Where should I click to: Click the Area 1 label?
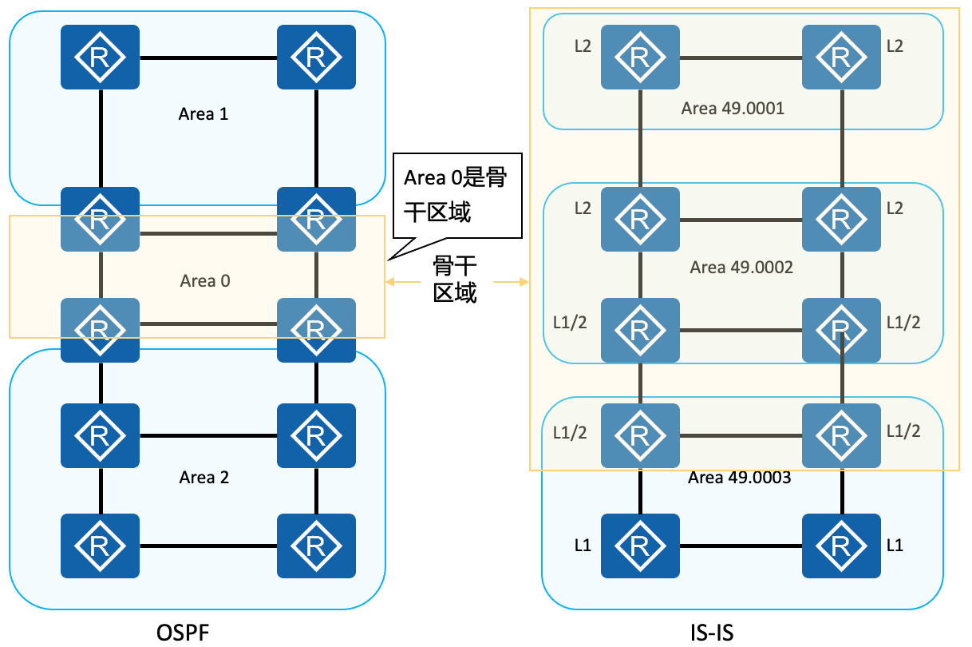203,114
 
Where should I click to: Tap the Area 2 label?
204,478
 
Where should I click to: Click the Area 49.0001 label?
733,109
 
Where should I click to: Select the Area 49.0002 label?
741,267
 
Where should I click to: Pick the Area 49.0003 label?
740,478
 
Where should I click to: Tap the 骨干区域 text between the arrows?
455,280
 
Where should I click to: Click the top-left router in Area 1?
101,58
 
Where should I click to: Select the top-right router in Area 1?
316,58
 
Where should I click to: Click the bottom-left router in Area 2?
101,546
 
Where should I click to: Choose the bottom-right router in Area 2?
316,546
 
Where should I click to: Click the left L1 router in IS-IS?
640,546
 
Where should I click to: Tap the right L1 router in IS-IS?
841,546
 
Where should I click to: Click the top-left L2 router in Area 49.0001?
640,58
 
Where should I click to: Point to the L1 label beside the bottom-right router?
895,546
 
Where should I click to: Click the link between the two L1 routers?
741,546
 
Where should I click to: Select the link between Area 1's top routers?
208,58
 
